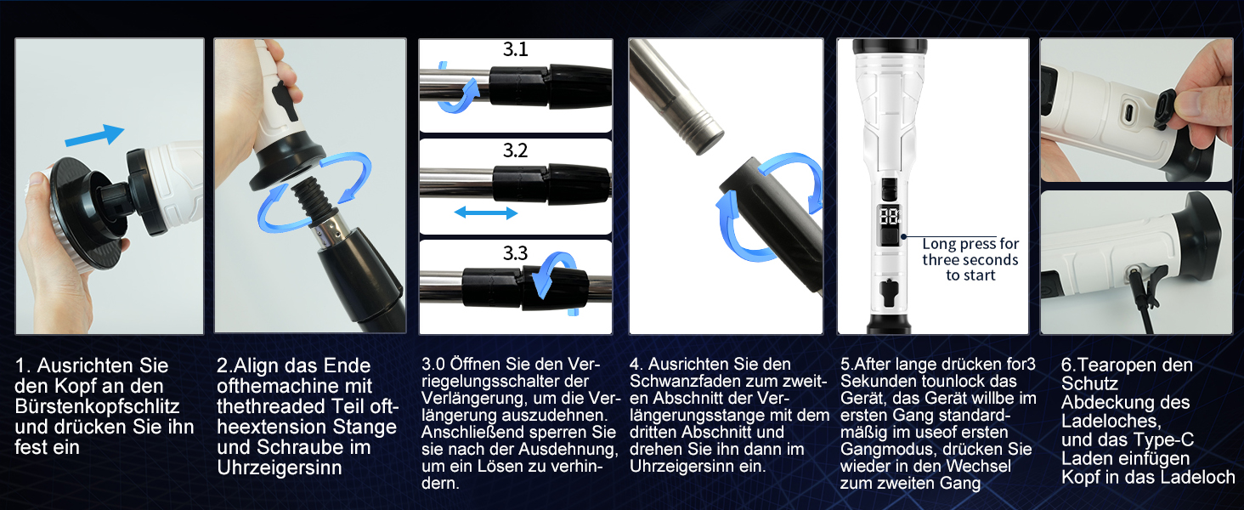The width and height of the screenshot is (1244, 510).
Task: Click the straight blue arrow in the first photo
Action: click(95, 135)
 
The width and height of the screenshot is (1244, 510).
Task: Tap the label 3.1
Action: click(516, 49)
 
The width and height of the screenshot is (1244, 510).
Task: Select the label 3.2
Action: click(516, 150)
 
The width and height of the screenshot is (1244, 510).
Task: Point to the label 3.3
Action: click(516, 253)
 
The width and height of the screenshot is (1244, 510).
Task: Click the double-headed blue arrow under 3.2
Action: click(486, 212)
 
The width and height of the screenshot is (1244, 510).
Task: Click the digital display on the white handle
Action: click(890, 216)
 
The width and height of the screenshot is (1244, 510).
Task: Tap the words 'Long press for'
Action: click(970, 244)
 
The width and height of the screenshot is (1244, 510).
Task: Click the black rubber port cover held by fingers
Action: click(1165, 109)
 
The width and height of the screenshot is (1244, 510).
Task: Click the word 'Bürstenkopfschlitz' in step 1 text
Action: click(97, 406)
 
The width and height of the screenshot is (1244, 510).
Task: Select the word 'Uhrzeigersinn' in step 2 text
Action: click(280, 467)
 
